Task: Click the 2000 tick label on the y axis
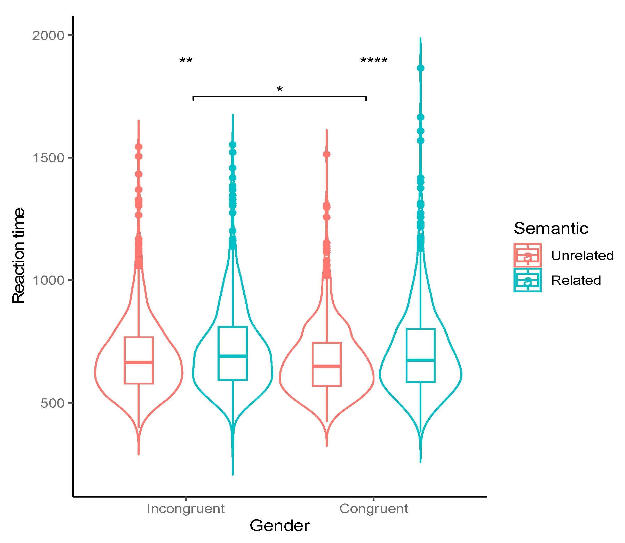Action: [48, 36]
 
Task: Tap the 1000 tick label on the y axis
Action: [48, 281]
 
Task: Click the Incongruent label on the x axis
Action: [185, 508]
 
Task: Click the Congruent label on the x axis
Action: [374, 508]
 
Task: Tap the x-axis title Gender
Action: [279, 525]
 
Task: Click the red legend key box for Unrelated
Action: [527, 255]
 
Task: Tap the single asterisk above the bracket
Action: [279, 89]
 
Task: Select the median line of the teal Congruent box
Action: [420, 360]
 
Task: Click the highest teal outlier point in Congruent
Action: [420, 68]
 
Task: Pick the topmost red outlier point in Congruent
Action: [326, 154]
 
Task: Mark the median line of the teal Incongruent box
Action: [233, 356]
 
